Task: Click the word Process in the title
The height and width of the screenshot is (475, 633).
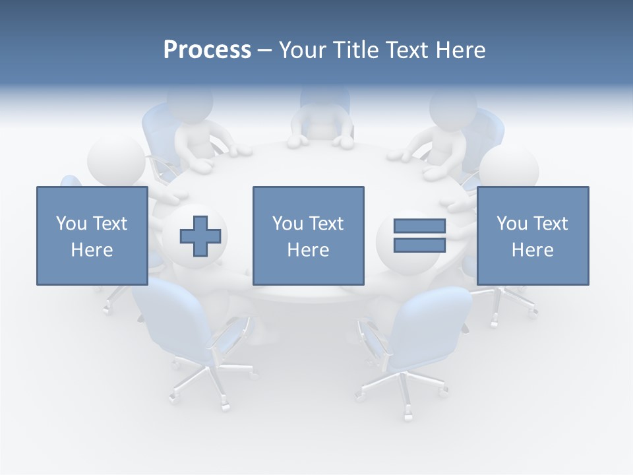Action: [x=207, y=50]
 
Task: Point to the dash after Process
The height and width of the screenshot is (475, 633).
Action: [x=264, y=51]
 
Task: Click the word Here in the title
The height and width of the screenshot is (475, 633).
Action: [x=460, y=50]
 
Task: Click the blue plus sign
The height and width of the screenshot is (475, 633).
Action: [x=200, y=236]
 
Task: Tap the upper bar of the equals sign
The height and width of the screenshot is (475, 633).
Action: [x=419, y=226]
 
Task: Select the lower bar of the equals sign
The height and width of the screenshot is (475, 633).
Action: [x=419, y=245]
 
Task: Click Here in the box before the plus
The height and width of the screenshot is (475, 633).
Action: [x=92, y=250]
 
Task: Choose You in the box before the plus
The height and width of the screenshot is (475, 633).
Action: [x=72, y=224]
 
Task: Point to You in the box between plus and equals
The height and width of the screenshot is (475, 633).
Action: [x=288, y=224]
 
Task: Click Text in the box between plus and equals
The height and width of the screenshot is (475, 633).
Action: [x=326, y=224]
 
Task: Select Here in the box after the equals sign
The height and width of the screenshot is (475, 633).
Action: [x=533, y=250]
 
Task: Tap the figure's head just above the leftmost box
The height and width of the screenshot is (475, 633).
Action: [x=116, y=160]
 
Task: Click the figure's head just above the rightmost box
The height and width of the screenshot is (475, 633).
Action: [x=508, y=166]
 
